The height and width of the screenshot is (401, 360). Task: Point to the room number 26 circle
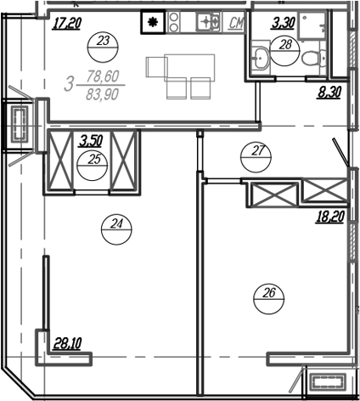coord(270,295)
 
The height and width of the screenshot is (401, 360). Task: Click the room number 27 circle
coord(255,152)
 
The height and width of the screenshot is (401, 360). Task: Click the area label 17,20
coord(66,23)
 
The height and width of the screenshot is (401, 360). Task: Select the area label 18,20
coord(330,217)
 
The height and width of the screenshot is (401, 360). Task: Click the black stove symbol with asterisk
coord(153,23)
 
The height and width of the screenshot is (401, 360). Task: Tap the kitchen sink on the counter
coord(208,22)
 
